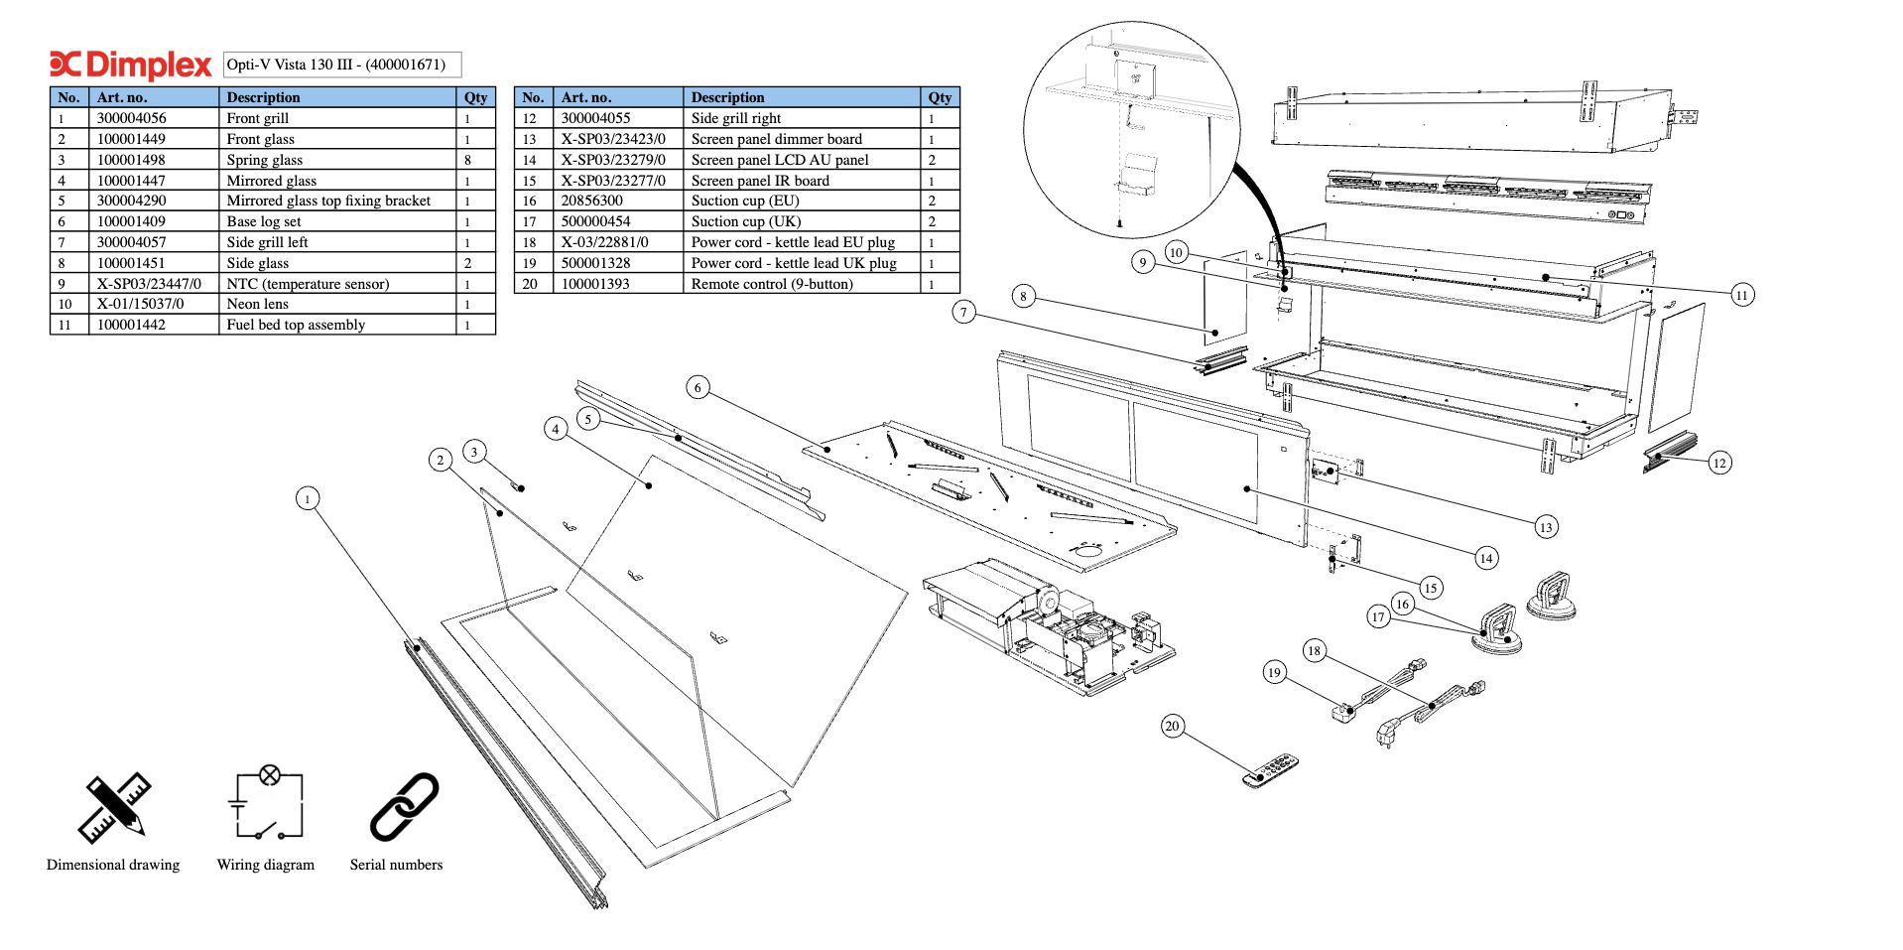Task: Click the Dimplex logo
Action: point(130,65)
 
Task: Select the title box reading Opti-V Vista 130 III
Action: point(342,65)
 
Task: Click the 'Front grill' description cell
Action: point(337,118)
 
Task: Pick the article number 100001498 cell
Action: point(154,160)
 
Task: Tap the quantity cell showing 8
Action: point(475,160)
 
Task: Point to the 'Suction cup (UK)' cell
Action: point(802,221)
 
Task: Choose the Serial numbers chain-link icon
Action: point(404,806)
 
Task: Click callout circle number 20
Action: point(1172,726)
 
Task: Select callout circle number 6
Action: point(698,387)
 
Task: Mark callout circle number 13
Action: point(1546,527)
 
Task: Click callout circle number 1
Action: point(308,498)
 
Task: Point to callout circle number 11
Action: point(1741,295)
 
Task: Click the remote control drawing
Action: point(1270,770)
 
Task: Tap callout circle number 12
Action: point(1719,463)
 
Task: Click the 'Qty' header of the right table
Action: point(940,97)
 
